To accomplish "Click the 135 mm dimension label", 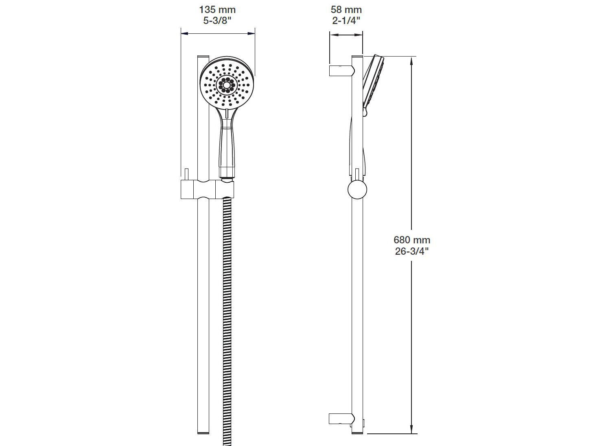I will click(x=217, y=10).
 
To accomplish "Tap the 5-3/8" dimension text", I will click(x=217, y=21).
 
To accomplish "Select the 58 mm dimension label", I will click(x=346, y=10).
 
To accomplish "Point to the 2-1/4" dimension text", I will click(x=346, y=21).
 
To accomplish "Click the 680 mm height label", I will click(x=412, y=240).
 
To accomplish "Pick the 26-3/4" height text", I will click(x=412, y=251).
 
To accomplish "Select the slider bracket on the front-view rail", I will click(x=208, y=190).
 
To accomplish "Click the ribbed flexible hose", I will click(x=227, y=317).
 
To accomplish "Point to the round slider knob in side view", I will click(x=357, y=190).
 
